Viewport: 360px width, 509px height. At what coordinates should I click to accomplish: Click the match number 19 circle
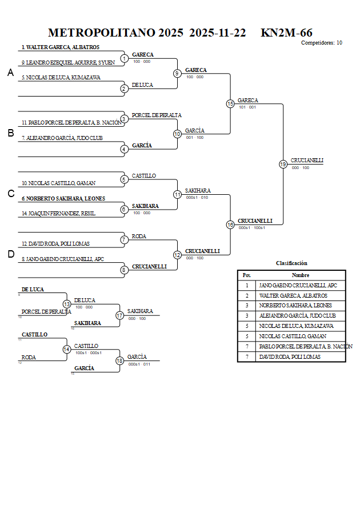(x=283, y=165)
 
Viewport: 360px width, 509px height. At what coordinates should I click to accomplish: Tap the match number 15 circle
(x=230, y=104)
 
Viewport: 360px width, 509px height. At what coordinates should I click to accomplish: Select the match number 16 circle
(x=230, y=225)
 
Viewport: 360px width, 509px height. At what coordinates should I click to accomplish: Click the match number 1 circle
(x=124, y=58)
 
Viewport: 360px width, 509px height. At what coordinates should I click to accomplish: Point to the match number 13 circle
(x=67, y=304)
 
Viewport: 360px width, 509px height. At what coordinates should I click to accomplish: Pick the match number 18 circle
(x=119, y=360)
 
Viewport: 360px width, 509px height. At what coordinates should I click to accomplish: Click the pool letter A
(x=10, y=73)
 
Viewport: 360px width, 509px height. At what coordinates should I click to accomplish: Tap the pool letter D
(x=10, y=254)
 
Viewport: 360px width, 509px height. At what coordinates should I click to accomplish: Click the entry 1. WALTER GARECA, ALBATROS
(x=61, y=47)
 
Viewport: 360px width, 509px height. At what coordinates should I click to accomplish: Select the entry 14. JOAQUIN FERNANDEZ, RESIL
(x=59, y=213)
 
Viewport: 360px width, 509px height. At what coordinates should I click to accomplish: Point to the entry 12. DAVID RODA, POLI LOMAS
(x=56, y=244)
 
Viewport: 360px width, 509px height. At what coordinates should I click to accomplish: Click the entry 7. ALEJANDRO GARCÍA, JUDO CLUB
(x=62, y=138)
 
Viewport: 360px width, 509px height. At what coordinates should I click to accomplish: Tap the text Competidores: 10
(x=322, y=43)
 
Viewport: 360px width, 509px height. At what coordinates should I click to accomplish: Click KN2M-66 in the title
(x=286, y=33)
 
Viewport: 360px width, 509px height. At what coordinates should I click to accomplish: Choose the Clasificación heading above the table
(x=291, y=263)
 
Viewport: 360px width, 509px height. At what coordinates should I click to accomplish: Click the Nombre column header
(x=300, y=275)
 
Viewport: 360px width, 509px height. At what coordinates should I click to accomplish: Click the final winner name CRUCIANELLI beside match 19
(x=307, y=161)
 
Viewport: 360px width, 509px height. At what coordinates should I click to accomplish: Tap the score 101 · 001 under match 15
(x=247, y=107)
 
